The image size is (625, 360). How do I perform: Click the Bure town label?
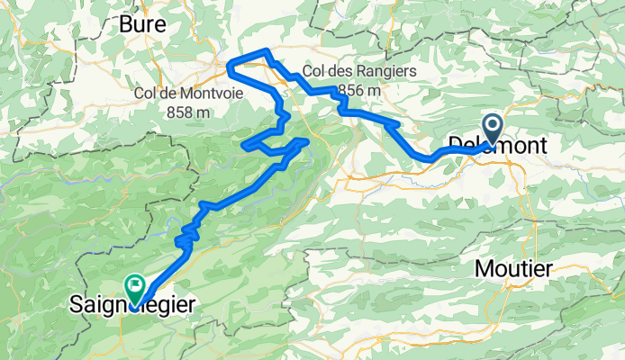pyautogui.click(x=142, y=25)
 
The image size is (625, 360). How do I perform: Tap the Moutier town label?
pyautogui.click(x=514, y=268)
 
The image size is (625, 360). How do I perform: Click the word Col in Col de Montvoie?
pyautogui.click(x=146, y=93)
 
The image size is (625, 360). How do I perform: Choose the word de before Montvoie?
pyautogui.click(x=169, y=93)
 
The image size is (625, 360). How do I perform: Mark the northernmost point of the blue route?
pyautogui.click(x=265, y=50)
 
